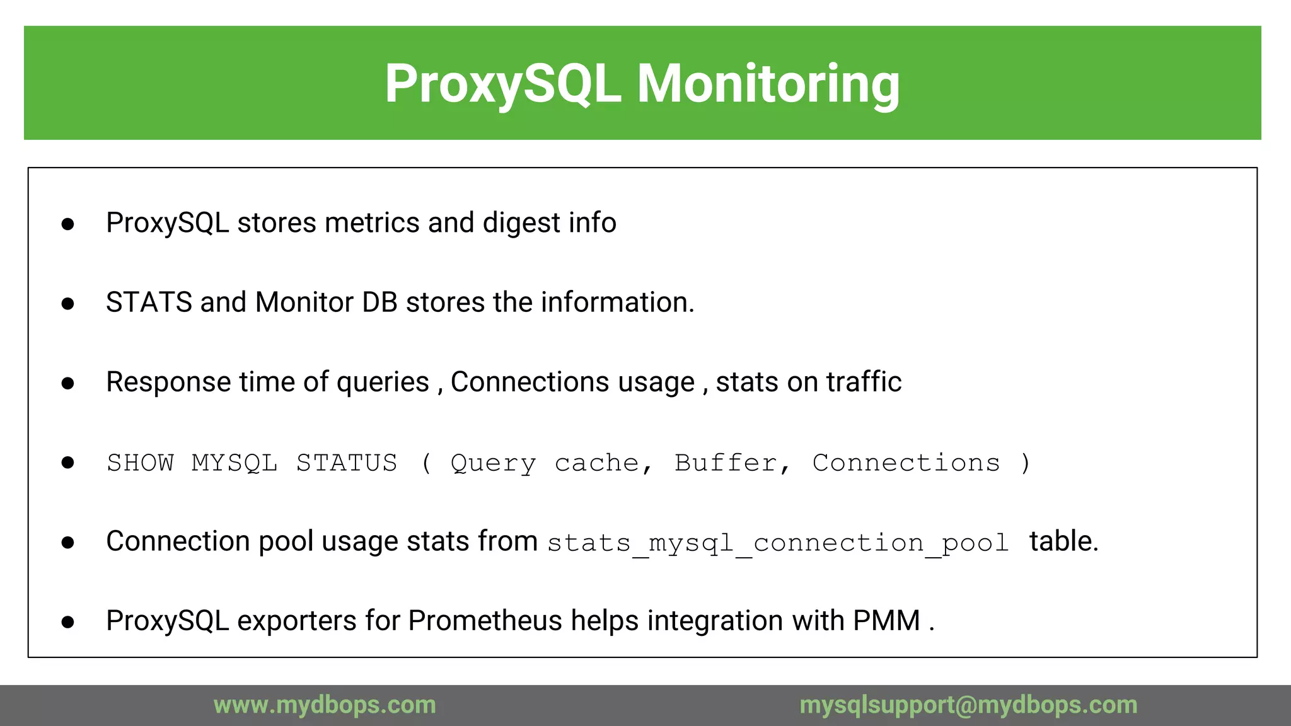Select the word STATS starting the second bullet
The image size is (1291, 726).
(x=149, y=302)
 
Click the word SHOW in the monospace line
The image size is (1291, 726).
(x=140, y=463)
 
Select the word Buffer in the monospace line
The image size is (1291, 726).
(x=726, y=463)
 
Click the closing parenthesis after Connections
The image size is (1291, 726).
(x=1026, y=463)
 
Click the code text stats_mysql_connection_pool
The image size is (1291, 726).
(x=778, y=543)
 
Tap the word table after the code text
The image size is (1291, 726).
(x=1063, y=541)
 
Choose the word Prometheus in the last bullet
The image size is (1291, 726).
(x=485, y=621)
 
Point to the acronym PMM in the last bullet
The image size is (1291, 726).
(x=886, y=621)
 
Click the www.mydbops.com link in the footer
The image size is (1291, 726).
(x=325, y=705)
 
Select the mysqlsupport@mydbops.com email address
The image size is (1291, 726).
(x=968, y=705)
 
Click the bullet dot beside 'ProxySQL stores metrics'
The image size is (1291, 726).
(x=68, y=224)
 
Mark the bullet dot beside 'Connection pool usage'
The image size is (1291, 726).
(x=68, y=543)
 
